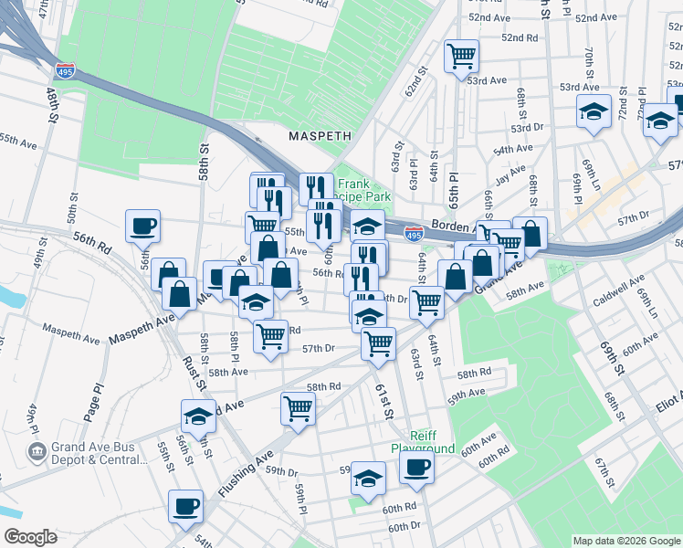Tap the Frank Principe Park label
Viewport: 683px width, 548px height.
[x=364, y=190]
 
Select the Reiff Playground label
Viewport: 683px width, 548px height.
[x=423, y=442]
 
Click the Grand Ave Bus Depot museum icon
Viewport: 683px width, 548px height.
[x=37, y=450]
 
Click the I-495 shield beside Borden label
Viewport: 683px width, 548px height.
[x=414, y=235]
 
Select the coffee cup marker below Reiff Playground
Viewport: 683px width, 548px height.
[x=416, y=469]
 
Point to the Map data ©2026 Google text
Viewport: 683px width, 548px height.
[x=626, y=540]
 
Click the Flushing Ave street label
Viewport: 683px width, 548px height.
[x=247, y=474]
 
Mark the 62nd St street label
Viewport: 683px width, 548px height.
[x=417, y=81]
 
